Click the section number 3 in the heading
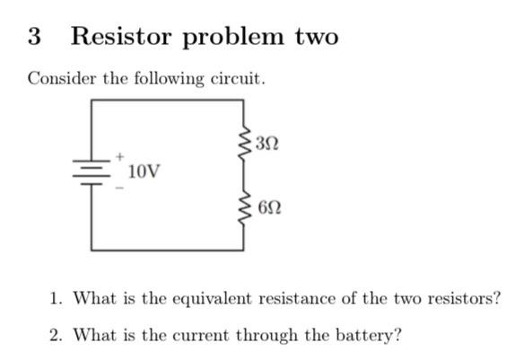34,37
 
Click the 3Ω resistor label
267,142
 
